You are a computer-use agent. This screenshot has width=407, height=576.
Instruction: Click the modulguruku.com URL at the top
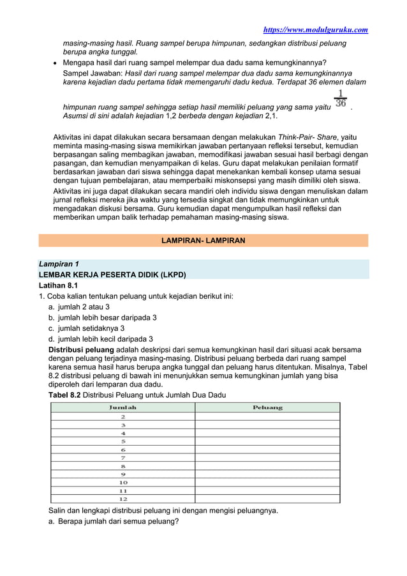pyautogui.click(x=316, y=29)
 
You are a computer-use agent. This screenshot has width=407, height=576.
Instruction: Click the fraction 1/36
pyautogui.click(x=341, y=98)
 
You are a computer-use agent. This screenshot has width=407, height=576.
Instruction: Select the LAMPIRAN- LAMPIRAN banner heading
pyautogui.click(x=203, y=241)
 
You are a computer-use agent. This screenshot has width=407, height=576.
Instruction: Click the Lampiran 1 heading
pyautogui.click(x=59, y=264)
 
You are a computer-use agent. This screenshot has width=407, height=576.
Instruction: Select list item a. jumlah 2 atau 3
pyautogui.click(x=84, y=307)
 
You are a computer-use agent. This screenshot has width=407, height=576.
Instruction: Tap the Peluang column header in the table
pyautogui.click(x=267, y=407)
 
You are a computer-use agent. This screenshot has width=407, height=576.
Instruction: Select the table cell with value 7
pyautogui.click(x=123, y=457)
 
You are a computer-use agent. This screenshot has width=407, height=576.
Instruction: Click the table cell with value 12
pyautogui.click(x=123, y=499)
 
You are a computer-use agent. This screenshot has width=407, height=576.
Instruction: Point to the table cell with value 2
pyautogui.click(x=123, y=416)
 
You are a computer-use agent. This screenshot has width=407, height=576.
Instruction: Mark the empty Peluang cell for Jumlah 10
pyautogui.click(x=267, y=482)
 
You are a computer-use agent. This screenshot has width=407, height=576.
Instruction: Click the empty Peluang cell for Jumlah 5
pyautogui.click(x=267, y=441)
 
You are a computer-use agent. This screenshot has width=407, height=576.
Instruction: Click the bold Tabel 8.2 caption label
pyautogui.click(x=65, y=395)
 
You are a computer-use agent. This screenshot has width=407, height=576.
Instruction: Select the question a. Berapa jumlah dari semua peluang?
pyautogui.click(x=114, y=521)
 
